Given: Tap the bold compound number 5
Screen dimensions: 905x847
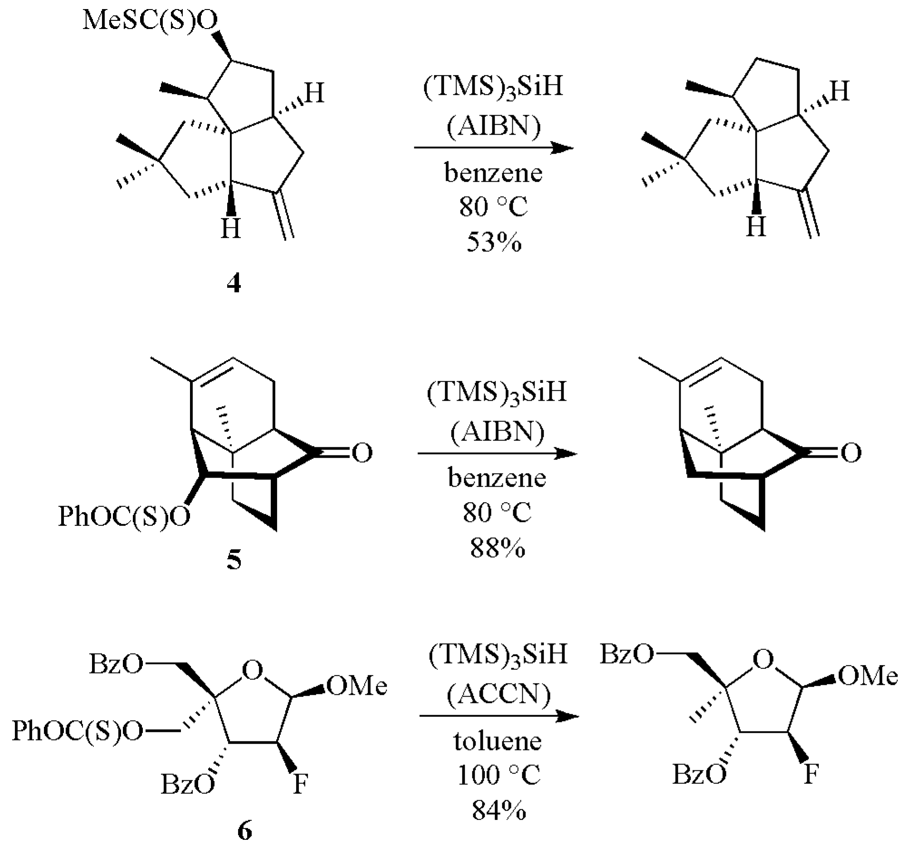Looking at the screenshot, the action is (x=234, y=561).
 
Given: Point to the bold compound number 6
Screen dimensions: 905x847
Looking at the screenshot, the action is (x=244, y=831).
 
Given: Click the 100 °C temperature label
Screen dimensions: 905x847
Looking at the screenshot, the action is (x=499, y=775).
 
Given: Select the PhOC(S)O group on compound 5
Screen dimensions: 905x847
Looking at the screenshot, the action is (x=124, y=517).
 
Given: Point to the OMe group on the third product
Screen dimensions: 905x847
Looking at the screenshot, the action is (x=868, y=676).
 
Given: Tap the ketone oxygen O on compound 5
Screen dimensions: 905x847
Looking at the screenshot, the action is (x=362, y=453).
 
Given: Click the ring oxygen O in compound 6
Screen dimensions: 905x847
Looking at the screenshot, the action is (x=253, y=670).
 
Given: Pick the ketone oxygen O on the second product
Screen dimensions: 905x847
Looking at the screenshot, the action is (x=851, y=453).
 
